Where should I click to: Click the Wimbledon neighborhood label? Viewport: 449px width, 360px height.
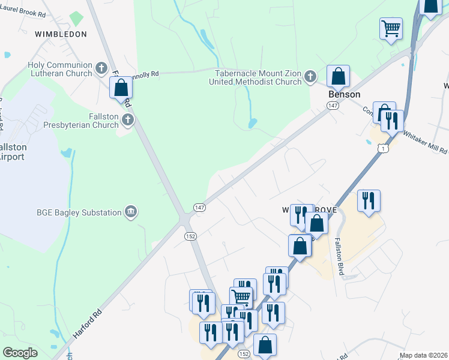tap(61, 34)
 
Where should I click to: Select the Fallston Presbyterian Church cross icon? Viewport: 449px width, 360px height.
tap(127, 120)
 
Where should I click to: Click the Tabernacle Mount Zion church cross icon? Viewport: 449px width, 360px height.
tap(310, 76)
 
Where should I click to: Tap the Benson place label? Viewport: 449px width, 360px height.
tap(344, 94)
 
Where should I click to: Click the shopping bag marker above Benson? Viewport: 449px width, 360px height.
tap(338, 76)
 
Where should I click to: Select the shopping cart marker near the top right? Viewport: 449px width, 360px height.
tap(391, 28)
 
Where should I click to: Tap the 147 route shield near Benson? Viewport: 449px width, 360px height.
tap(333, 106)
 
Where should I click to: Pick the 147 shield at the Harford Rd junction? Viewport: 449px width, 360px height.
tap(200, 207)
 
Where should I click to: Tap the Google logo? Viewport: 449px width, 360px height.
tap(20, 352)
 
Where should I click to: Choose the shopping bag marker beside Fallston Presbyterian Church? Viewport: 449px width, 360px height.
tap(121, 88)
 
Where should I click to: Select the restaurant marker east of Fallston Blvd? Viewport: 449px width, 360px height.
tap(368, 201)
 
